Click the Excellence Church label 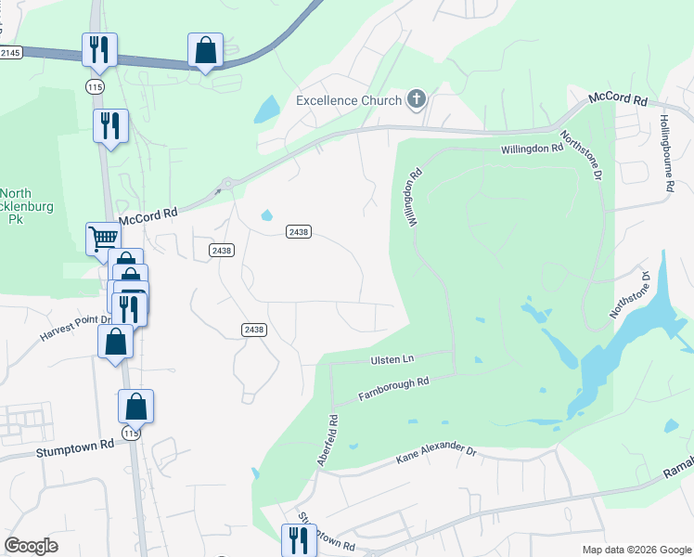348,100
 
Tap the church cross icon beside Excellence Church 417,99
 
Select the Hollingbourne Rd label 667,154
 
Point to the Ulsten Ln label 392,358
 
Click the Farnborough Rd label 394,389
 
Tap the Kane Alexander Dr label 435,453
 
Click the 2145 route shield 10,53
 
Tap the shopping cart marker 103,240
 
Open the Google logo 31,545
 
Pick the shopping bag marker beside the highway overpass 205,50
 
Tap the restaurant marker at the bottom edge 299,539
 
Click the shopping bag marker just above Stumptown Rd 135,406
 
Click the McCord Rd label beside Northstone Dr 616,97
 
